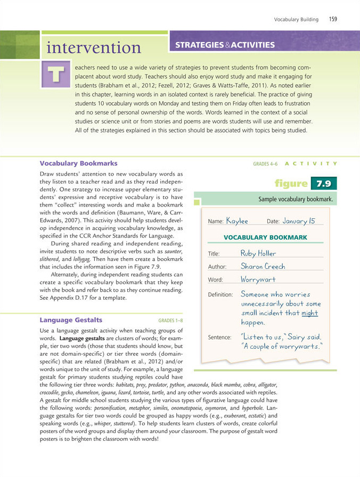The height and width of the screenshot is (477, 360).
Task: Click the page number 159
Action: [x=333, y=19]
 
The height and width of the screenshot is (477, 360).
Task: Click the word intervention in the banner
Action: [x=94, y=48]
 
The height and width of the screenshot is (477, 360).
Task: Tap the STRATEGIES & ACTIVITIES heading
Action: [x=225, y=45]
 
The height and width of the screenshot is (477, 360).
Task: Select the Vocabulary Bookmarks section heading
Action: [x=78, y=163]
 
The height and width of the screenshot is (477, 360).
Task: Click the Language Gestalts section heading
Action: [x=71, y=320]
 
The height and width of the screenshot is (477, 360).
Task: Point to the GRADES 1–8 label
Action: [x=170, y=321]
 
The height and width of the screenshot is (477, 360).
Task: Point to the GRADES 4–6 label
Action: [x=265, y=163]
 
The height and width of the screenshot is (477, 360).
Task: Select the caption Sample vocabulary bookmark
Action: [x=295, y=200]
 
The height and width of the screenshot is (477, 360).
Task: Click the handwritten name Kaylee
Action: [x=237, y=220]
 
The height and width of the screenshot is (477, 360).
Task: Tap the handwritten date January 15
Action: [x=299, y=220]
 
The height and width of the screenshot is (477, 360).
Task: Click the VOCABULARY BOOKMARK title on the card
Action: [x=265, y=237]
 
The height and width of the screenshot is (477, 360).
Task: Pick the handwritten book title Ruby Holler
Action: [x=258, y=253]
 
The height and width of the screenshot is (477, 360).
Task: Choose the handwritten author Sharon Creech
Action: [x=263, y=266]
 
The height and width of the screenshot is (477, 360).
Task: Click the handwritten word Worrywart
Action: [x=258, y=279]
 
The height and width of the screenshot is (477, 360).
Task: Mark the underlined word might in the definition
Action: [x=309, y=314]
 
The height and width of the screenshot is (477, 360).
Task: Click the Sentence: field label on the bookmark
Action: [x=219, y=338]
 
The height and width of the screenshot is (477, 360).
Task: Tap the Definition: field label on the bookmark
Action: [x=220, y=294]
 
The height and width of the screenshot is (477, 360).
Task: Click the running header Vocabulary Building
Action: [x=296, y=19]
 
